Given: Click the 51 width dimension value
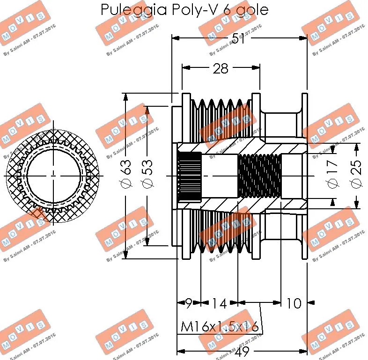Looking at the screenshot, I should pos(239,39).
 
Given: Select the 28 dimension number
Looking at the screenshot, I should pos(220,69).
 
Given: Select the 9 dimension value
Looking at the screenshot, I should pos(188,303).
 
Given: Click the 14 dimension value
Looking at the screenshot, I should pos(218,303).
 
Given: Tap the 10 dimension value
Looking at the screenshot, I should pos(294,303).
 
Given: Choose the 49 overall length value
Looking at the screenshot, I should pos(242,352).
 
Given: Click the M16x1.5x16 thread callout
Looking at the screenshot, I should pos(220,326).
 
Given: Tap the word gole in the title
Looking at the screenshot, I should pos(252,10).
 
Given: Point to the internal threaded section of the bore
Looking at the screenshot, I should pos(259,176).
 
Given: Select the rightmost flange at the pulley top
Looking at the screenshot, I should pos(305,117).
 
